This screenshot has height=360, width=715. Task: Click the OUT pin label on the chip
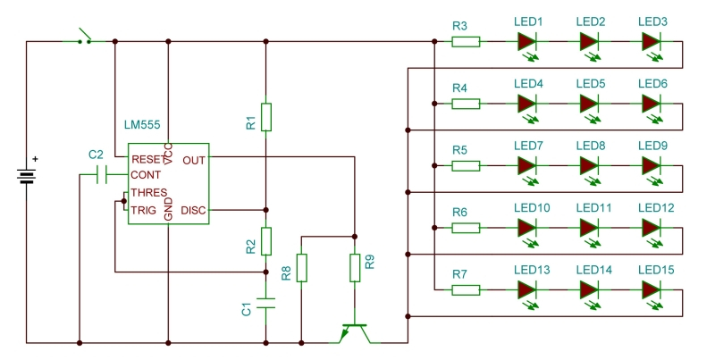coord(193,161)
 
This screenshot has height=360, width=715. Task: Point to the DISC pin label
coord(194,211)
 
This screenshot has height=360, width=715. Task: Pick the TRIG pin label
coord(144,211)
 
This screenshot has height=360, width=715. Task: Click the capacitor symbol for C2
coord(101,175)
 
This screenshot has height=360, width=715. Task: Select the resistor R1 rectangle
coord(265,116)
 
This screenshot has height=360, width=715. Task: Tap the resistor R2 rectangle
coord(265,240)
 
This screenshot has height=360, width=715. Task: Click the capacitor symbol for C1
coord(265,302)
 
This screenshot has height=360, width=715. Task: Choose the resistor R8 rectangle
coord(302,267)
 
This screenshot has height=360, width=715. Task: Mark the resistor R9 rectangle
coord(355,267)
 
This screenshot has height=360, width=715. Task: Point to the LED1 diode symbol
coord(526,41)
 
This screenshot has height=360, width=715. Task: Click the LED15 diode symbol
coord(651,289)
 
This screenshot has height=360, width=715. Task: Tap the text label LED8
coord(590,146)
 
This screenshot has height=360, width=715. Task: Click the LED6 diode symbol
coord(651,104)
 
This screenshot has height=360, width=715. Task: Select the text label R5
coord(459,150)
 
